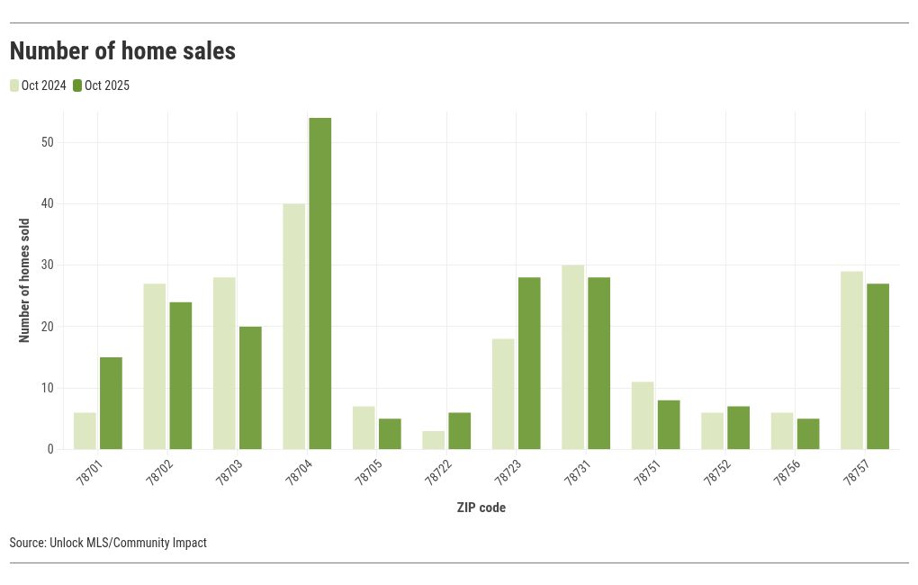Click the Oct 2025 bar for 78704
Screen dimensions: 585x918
pos(319,283)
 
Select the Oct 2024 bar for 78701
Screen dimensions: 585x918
pos(85,431)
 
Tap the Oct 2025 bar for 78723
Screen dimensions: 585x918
pos(529,364)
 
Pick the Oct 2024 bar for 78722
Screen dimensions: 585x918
pos(433,440)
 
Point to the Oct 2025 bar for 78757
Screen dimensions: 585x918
pos(877,366)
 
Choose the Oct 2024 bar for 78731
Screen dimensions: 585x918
pos(572,357)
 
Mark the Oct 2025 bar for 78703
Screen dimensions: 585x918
pos(250,388)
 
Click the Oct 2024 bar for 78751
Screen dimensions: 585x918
pos(643,416)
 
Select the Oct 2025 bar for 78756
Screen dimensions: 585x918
pos(808,434)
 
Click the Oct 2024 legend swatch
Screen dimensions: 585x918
pos(14,85)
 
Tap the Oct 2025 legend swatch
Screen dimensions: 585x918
pos(77,85)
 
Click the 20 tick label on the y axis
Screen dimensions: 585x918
pos(48,327)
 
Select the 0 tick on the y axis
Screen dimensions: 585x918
pos(50,449)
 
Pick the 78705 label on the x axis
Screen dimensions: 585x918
pos(367,473)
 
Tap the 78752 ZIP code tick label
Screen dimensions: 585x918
pos(715,473)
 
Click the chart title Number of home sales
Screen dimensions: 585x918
pos(122,51)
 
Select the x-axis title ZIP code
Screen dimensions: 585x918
pos(481,508)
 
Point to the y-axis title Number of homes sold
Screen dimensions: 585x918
pos(24,281)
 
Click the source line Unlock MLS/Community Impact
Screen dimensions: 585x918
pos(108,543)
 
